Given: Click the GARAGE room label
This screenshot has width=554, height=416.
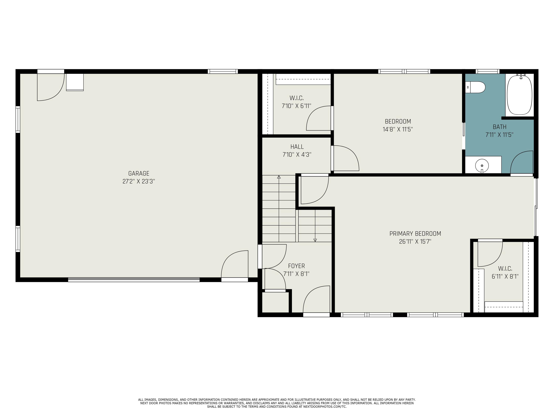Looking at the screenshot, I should point(138,173).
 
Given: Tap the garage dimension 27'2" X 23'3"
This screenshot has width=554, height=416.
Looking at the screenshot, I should point(138,181).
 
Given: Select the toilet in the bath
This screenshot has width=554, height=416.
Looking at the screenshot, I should point(475,87).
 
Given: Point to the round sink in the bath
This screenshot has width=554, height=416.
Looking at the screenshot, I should point(482,165).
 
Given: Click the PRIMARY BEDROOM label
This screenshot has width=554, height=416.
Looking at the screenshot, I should point(415,234).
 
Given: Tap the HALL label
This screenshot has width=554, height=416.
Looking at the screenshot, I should point(297,147).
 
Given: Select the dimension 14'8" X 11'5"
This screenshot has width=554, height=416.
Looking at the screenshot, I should point(398,129).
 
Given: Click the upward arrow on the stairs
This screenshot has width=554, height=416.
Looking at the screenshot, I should point(279,177).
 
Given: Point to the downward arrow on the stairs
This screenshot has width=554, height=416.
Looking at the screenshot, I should point(315,240).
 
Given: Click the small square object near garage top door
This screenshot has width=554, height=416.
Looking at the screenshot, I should point(75,82).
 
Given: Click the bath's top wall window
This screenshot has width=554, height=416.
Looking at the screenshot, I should point(487,72).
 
